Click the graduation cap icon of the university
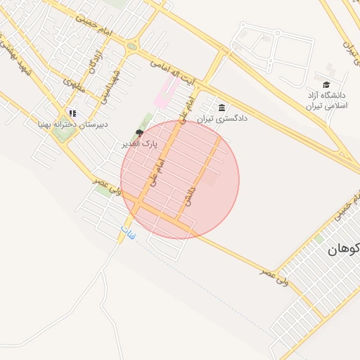(327, 84)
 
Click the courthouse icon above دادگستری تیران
(222, 108)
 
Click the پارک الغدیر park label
(140, 143)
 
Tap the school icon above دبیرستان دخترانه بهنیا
(72, 112)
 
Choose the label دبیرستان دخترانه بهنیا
(72, 124)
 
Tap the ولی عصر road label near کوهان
(274, 274)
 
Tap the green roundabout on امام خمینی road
(131, 47)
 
